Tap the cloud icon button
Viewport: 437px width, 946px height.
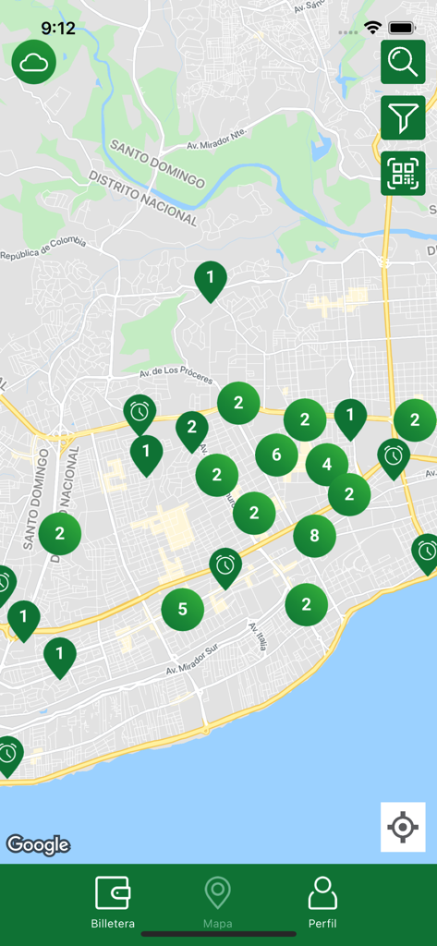click(x=34, y=62)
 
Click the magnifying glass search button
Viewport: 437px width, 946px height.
click(x=403, y=62)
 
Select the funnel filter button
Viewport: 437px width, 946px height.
click(x=403, y=117)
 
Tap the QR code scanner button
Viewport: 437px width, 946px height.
click(x=403, y=173)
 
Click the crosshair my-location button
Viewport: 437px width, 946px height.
click(x=403, y=827)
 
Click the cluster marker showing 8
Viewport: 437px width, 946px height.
click(x=315, y=536)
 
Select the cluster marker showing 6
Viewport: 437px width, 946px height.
click(x=276, y=455)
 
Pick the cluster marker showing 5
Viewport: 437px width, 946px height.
click(x=183, y=610)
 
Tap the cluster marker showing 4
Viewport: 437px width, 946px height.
click(x=327, y=465)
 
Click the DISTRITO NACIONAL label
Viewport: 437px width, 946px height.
click(x=143, y=198)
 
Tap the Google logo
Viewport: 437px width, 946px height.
click(x=38, y=844)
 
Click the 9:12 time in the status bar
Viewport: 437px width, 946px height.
click(x=57, y=29)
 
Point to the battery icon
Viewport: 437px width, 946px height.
click(x=401, y=29)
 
